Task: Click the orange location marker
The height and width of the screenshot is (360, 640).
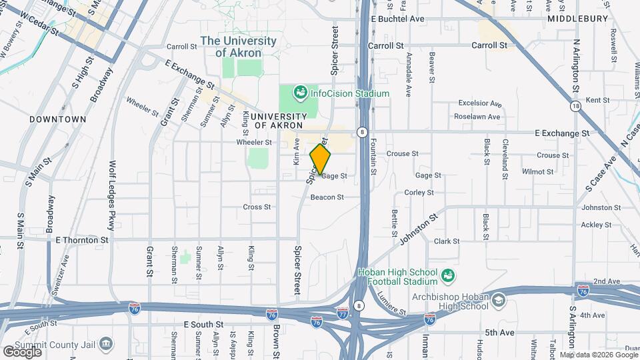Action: coord(321,159)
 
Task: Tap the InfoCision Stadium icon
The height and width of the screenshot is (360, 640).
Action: coord(300,91)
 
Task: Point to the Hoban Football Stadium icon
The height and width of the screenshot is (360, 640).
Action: coord(449,275)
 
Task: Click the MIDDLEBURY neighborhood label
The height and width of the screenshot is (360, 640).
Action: coord(578,19)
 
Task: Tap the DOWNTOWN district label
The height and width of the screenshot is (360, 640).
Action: coord(58,119)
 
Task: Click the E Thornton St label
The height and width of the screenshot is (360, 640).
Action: coord(82,239)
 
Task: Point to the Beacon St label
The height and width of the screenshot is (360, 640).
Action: coord(327,197)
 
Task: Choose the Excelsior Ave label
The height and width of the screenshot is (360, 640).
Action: coord(479,103)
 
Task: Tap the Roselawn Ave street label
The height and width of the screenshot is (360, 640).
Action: coord(477,117)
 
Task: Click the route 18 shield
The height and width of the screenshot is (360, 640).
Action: coord(575,105)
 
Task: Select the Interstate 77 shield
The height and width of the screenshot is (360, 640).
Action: coord(342,313)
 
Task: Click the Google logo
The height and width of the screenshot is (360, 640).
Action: coord(22,351)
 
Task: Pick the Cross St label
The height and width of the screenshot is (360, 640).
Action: coord(257,207)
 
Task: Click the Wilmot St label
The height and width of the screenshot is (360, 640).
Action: coord(538,171)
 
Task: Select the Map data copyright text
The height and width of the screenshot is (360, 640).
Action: coord(598,355)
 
